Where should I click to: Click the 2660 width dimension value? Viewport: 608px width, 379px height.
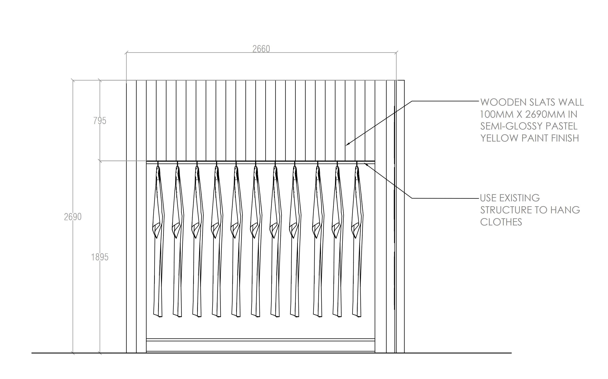(x=261, y=49)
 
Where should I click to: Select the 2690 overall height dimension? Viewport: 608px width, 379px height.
(x=73, y=217)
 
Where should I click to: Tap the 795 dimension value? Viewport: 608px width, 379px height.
(x=100, y=121)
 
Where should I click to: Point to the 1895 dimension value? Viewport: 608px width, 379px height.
(x=100, y=257)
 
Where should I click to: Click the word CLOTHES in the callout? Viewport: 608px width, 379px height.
(x=501, y=222)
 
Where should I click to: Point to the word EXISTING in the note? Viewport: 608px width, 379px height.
(x=519, y=198)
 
